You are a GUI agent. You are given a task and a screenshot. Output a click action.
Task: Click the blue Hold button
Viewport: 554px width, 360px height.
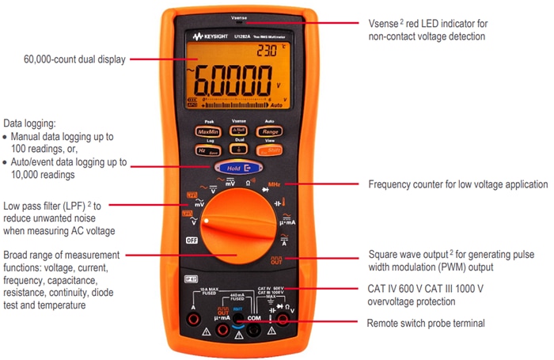click(238, 168)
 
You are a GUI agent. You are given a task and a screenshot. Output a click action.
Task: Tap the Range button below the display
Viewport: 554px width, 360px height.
click(271, 132)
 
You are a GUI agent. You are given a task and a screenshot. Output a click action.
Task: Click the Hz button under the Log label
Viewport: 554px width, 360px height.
click(207, 150)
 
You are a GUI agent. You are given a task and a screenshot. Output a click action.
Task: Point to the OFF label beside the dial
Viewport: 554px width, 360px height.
click(192, 240)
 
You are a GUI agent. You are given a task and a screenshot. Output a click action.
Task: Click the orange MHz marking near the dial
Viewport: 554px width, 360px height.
click(275, 184)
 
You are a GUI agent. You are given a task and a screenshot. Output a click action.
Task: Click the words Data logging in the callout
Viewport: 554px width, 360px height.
click(29, 123)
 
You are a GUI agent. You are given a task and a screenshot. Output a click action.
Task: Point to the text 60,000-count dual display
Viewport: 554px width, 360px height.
click(74, 59)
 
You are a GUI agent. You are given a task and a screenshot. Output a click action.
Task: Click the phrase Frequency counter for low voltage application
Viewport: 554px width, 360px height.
click(458, 184)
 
